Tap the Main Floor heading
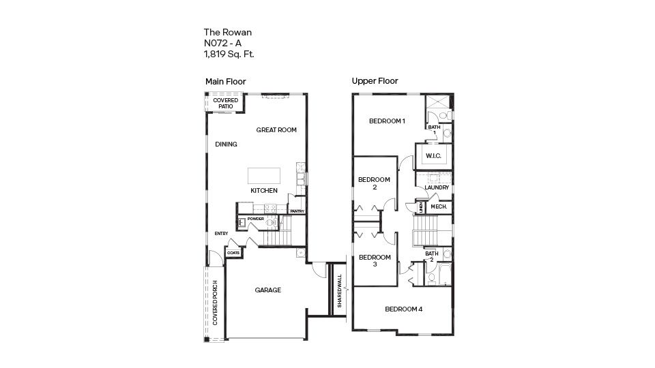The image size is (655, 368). [x=225, y=82]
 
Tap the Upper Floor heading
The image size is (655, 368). [x=375, y=81]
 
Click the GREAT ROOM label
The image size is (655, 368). [x=276, y=129]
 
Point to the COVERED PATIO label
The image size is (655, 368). [x=225, y=104]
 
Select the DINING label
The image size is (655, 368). [x=226, y=144]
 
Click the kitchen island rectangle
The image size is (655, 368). [x=264, y=174]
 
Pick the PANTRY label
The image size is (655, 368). [x=297, y=211]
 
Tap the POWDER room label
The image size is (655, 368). [x=256, y=219]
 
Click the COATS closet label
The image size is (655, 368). [x=233, y=253]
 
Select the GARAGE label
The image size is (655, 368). [x=267, y=290]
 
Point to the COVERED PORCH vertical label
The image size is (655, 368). [x=215, y=302]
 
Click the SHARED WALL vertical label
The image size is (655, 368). [x=339, y=291]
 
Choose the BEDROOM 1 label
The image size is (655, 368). [x=387, y=121]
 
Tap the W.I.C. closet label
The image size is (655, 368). [x=433, y=156]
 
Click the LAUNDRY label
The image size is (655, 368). [x=437, y=187]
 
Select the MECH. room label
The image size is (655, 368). [x=438, y=206]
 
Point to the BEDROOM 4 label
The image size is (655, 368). [x=403, y=309]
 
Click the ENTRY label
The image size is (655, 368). [x=221, y=234]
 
